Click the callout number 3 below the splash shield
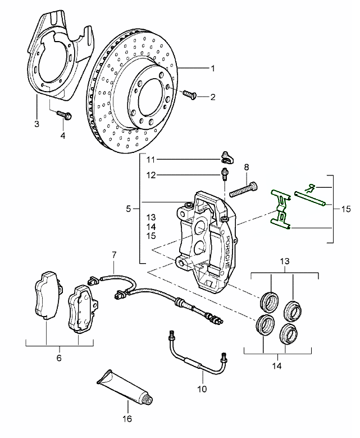click(36, 123)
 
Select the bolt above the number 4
click(63, 116)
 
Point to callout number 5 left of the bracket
click(129, 209)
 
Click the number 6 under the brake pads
click(60, 358)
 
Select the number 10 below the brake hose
click(202, 389)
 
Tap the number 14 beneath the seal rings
click(276, 366)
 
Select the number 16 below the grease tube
click(127, 418)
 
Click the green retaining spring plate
click(279, 210)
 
